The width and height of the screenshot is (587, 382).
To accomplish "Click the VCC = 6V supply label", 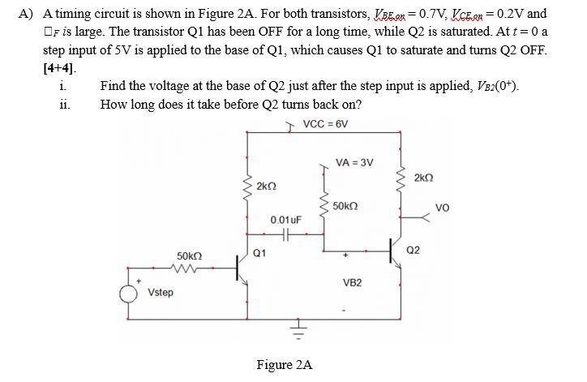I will pyautogui.click(x=325, y=124).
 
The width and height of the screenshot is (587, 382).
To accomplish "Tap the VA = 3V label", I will pyautogui.click(x=355, y=162).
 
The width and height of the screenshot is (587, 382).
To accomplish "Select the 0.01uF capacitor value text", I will pyautogui.click(x=286, y=220).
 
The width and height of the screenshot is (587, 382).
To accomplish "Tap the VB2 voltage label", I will pyautogui.click(x=352, y=282).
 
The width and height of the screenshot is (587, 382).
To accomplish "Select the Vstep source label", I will pyautogui.click(x=160, y=292).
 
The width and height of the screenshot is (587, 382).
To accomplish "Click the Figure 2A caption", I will pyautogui.click(x=284, y=365).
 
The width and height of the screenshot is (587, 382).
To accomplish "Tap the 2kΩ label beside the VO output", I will pyautogui.click(x=423, y=177).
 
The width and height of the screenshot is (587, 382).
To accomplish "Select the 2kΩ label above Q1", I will pyautogui.click(x=266, y=187).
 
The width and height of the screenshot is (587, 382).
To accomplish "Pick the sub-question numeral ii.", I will pyautogui.click(x=63, y=104).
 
